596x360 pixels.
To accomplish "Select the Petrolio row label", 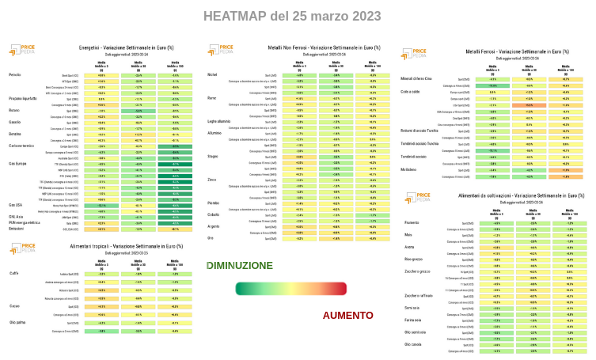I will pyautogui.click(x=15, y=75).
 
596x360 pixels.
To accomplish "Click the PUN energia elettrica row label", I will pyautogui.click(x=24, y=223).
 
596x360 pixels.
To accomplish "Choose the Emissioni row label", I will pyautogui.click(x=17, y=229).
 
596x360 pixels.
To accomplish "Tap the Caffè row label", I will pyautogui.click(x=13, y=274).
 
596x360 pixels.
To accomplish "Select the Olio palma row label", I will pyautogui.click(x=17, y=323).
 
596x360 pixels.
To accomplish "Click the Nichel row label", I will pyautogui.click(x=211, y=75).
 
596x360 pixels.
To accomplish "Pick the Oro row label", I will pyautogui.click(x=210, y=237).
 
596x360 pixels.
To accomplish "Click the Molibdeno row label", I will pyautogui.click(x=415, y=169).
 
